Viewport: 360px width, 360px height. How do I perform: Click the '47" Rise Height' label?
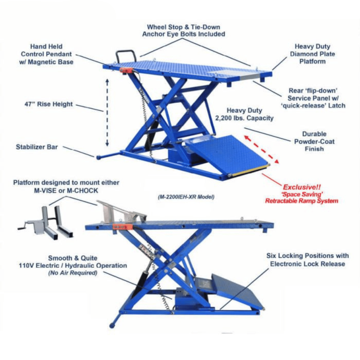(x=49, y=104)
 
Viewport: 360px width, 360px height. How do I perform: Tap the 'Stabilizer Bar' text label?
(x=37, y=147)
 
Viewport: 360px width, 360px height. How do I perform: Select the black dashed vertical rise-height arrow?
(x=107, y=112)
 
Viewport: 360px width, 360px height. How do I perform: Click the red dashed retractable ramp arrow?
(x=262, y=149)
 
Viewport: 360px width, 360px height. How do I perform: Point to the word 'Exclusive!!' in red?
(x=301, y=187)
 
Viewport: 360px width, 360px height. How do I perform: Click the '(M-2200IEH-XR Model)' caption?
(x=186, y=197)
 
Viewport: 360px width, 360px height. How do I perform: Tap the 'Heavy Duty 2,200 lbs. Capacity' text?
(x=244, y=114)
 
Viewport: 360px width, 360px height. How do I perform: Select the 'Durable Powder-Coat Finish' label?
(x=314, y=141)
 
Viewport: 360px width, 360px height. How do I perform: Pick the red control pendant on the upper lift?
(x=126, y=70)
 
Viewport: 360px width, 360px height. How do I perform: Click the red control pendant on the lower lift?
(x=122, y=227)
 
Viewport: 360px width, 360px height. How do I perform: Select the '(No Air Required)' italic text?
(x=73, y=273)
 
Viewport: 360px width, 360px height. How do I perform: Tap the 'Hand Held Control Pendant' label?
(x=46, y=54)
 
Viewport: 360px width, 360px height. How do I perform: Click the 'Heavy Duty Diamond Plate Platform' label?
(x=312, y=54)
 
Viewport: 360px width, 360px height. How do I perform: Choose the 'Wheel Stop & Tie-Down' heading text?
(x=184, y=27)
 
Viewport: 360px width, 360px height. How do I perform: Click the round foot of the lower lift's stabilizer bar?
(x=112, y=325)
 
